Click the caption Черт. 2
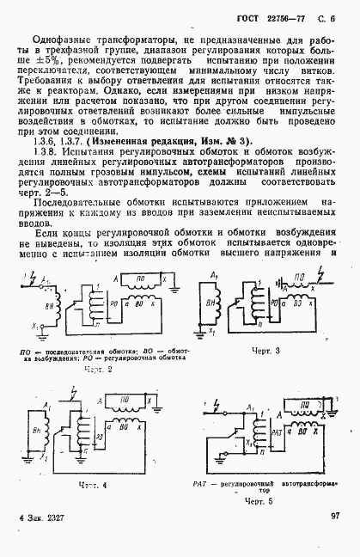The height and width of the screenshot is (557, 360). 100,367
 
